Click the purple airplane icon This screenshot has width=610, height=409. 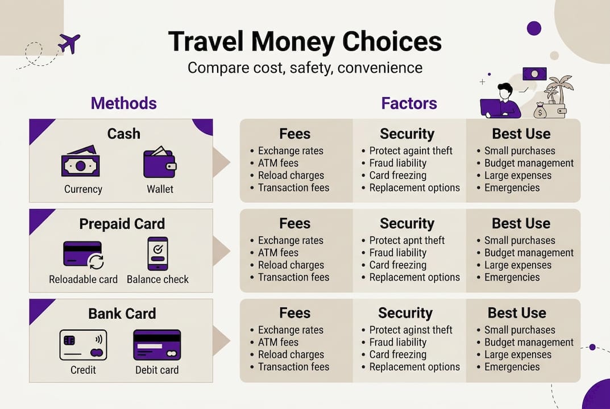point(69,43)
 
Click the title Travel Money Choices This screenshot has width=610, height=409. point(305,43)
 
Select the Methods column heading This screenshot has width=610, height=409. point(123,103)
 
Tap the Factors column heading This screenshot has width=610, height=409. point(409,103)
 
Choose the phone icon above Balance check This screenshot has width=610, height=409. point(157,253)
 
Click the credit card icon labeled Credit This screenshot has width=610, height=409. point(83,345)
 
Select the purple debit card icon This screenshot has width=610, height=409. point(157,345)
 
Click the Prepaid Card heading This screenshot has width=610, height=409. point(122,224)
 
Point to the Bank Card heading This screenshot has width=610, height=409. point(122,314)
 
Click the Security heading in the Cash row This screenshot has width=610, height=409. point(406,134)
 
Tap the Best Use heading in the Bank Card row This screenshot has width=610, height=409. point(516,313)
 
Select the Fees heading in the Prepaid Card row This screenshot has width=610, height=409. point(294,224)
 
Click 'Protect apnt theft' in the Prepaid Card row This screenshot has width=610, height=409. point(406,240)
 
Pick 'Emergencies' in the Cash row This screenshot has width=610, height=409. point(512,187)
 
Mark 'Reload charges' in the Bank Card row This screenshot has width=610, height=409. point(291,354)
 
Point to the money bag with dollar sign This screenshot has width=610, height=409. point(540,111)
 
